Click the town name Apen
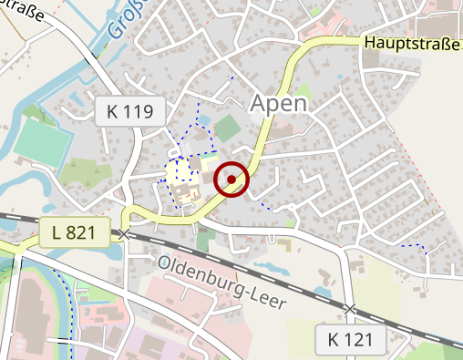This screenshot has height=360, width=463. click(x=278, y=102)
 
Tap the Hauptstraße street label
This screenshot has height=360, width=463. click(x=412, y=42)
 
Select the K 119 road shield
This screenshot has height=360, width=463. click(x=130, y=112)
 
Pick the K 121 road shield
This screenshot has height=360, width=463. click(x=351, y=341)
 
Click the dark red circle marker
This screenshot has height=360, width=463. click(x=231, y=180)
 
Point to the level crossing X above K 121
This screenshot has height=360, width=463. click(x=350, y=310)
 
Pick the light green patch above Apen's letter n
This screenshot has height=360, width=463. click(x=305, y=90)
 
